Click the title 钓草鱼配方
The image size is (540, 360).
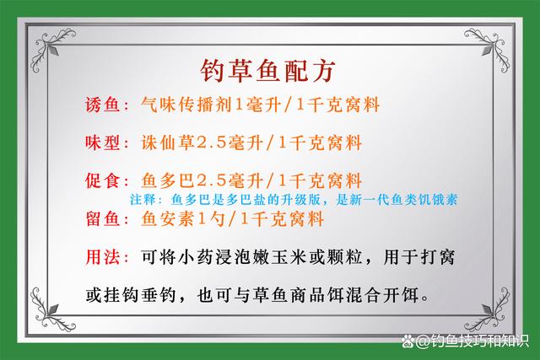(270, 67)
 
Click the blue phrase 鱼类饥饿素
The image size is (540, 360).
(431, 201)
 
